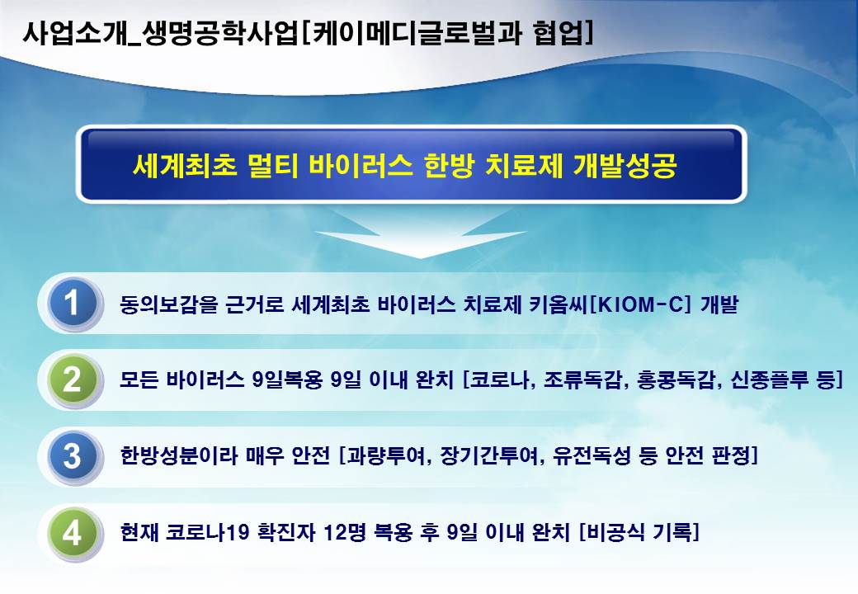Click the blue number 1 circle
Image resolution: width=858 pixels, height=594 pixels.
coord(73,304)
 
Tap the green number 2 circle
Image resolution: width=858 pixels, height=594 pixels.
coord(73,380)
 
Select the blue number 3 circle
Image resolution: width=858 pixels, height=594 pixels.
coord(73,457)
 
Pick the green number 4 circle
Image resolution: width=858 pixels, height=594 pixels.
coord(73,533)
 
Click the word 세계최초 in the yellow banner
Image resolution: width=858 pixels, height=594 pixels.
coord(185,165)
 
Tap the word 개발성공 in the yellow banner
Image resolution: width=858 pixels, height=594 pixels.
coord(625,165)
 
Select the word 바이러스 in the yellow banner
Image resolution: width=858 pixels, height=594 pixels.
coord(360,165)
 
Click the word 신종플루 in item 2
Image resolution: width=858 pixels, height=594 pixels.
coord(770,379)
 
